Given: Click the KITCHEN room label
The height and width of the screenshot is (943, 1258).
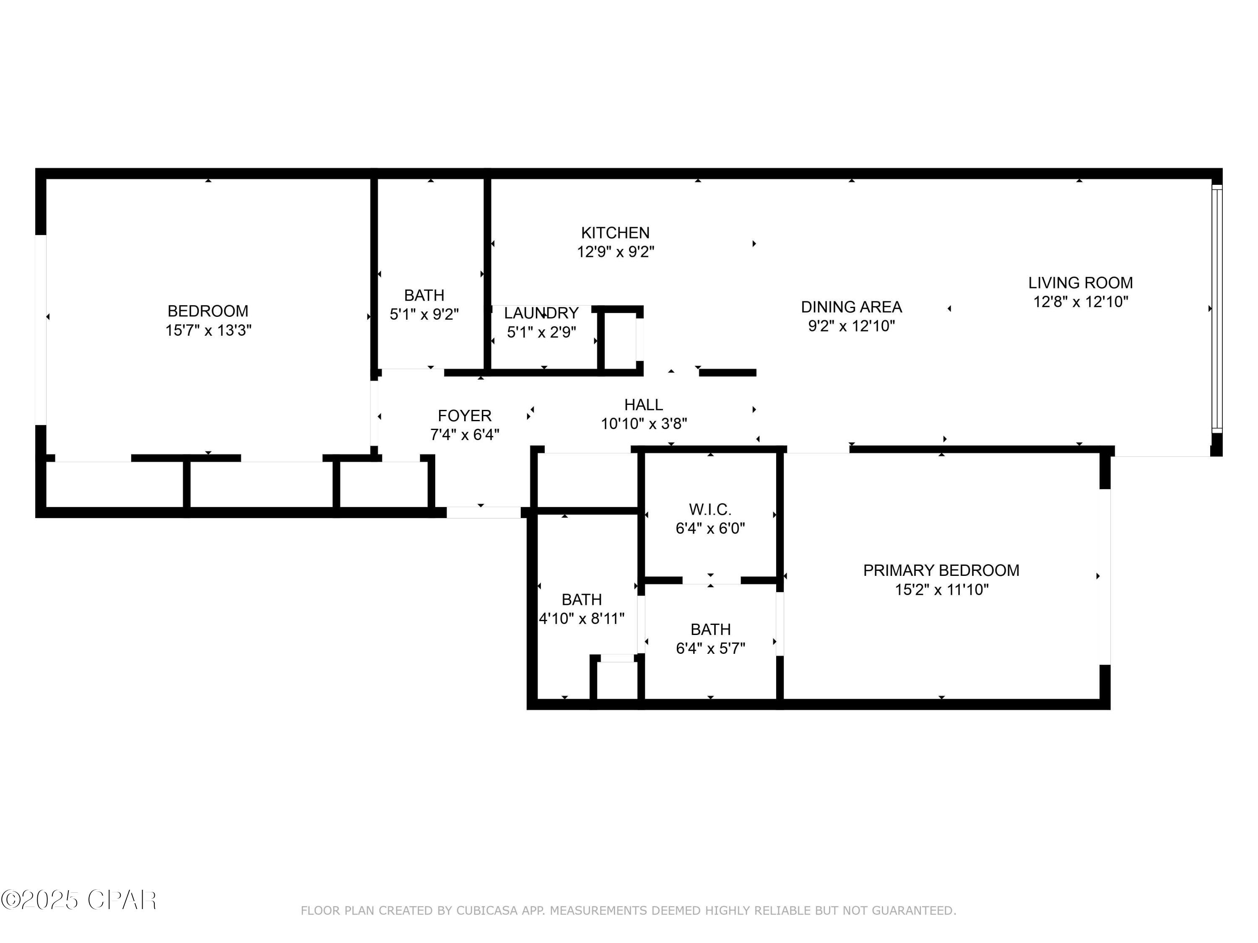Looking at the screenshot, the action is coord(615,233).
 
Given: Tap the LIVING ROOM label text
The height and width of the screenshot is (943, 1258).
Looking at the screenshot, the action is coord(1081,282).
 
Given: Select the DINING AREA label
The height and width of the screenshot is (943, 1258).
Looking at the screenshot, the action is coord(851,307).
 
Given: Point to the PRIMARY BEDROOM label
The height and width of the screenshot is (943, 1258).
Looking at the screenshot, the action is coord(941,570).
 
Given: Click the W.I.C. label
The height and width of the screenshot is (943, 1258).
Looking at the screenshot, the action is coord(710,509).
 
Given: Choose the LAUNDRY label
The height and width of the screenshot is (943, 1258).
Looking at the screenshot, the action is coord(541,313).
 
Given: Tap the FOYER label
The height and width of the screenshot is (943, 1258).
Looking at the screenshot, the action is coord(465,415).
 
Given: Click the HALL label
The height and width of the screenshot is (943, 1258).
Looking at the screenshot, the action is coord(644,405).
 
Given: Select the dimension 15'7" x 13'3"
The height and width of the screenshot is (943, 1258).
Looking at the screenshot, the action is coord(208,330).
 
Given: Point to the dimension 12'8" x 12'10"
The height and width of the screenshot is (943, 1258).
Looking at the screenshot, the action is coord(1081,302).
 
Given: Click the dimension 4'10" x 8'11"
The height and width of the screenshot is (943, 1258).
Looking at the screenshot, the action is coord(582,619).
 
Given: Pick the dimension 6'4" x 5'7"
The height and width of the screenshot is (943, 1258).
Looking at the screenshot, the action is coord(710,648).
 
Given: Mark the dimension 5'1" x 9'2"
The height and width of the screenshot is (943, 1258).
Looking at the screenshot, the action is coord(424,314).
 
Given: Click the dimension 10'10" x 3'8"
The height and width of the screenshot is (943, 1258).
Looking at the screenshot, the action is coord(644,423).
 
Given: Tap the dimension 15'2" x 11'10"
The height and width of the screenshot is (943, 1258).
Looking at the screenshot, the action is coord(942,589).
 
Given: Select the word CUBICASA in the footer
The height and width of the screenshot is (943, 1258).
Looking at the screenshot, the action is coord(486,911).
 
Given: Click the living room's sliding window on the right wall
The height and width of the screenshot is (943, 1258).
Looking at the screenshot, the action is coord(1216,308).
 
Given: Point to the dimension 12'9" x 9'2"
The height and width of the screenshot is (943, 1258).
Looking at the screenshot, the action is coord(615,252).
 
